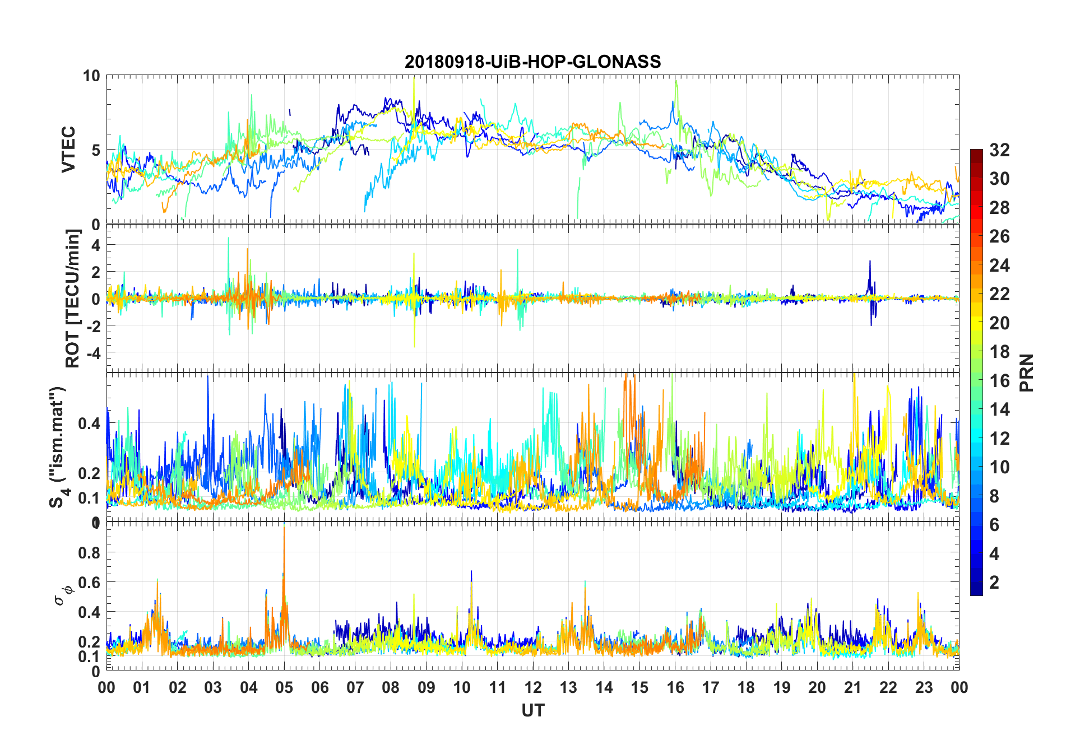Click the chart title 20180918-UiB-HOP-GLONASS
pyautogui.click(x=532, y=62)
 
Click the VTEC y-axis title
pyautogui.click(x=68, y=150)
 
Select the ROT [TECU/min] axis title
pyautogui.click(x=73, y=298)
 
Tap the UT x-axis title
pyautogui.click(x=532, y=710)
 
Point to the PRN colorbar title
pyautogui.click(x=1026, y=372)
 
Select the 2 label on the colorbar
pyautogui.click(x=994, y=583)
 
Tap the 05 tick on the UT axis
pyautogui.click(x=284, y=687)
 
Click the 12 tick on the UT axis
pyautogui.click(x=533, y=687)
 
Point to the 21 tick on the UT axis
pyautogui.click(x=852, y=687)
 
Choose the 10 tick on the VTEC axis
pyautogui.click(x=91, y=76)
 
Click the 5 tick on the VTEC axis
pyautogui.click(x=95, y=150)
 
